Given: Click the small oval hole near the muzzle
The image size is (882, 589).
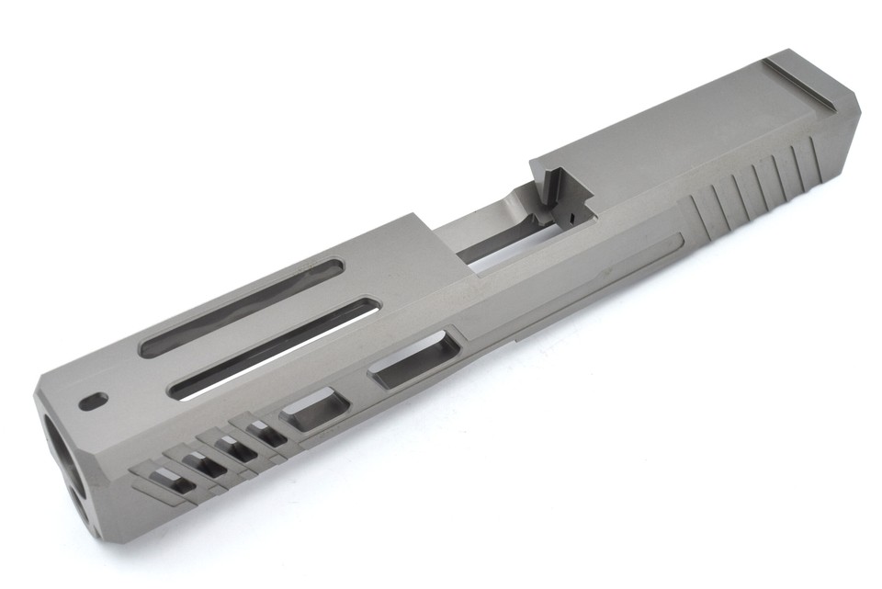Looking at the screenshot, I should pyautogui.click(x=94, y=401).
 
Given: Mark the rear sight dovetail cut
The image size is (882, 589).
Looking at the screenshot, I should pyautogui.click(x=799, y=84).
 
